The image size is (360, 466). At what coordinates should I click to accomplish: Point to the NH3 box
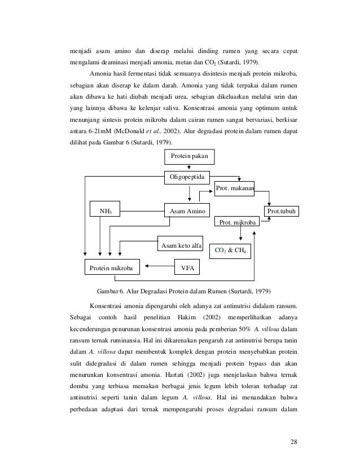tap(106, 212)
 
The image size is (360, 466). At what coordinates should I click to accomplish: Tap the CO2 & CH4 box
tap(231, 249)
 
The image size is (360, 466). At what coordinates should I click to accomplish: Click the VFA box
tap(187, 268)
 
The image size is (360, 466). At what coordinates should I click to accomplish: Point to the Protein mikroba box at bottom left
tap(112, 268)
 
